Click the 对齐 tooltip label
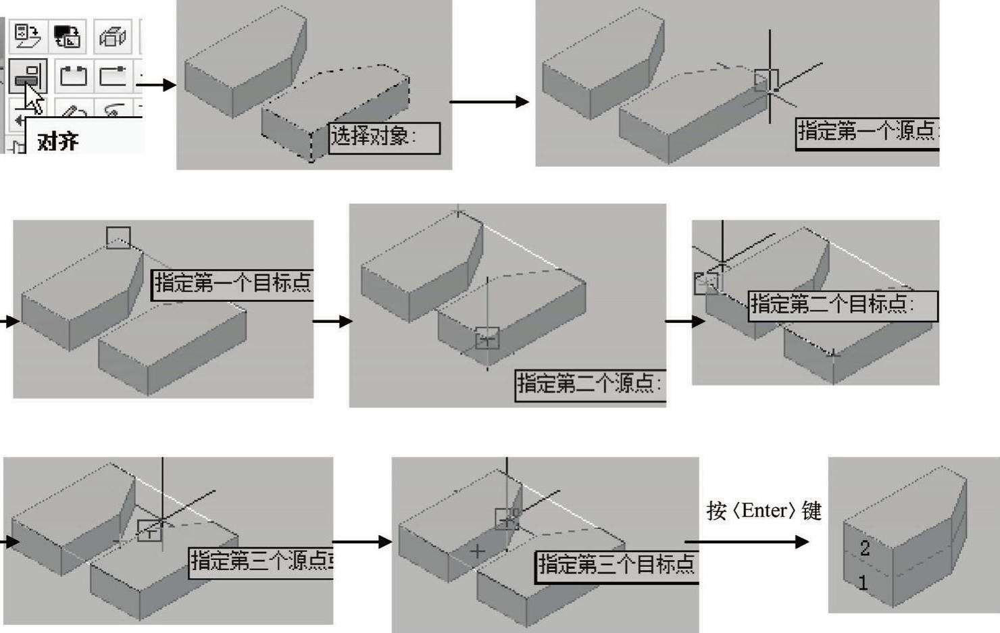click(x=58, y=141)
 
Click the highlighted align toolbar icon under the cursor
click(x=28, y=75)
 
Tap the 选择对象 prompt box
click(x=383, y=137)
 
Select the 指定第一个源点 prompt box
click(x=867, y=132)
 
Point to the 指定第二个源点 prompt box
click(x=589, y=384)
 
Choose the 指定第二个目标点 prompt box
click(x=842, y=305)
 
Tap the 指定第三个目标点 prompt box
click(x=617, y=565)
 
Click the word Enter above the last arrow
click(x=764, y=510)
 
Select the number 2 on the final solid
click(x=865, y=548)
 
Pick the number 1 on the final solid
click(x=862, y=582)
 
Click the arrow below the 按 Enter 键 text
click(x=747, y=542)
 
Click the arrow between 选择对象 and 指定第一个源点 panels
click(x=489, y=102)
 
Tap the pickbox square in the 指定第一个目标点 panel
click(x=118, y=237)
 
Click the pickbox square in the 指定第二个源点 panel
click(x=487, y=338)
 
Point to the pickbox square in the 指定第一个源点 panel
click(x=766, y=80)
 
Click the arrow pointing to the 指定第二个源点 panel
click(x=332, y=321)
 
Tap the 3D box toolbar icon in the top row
click(x=112, y=36)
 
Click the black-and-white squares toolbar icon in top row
click(x=67, y=36)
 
